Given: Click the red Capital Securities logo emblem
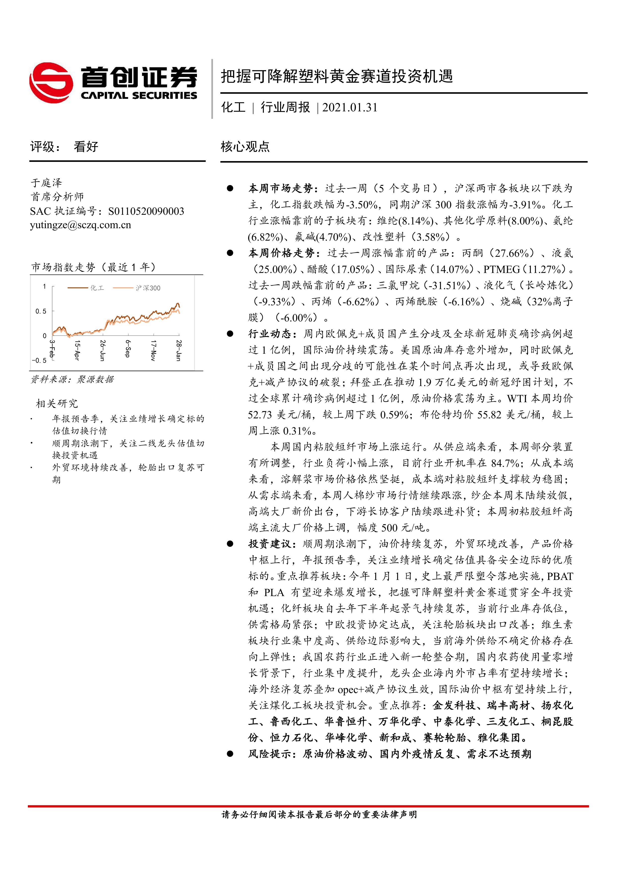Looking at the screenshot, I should tap(51, 83).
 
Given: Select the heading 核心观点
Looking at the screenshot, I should tap(245, 147).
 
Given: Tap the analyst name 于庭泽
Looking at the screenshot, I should tap(46, 183).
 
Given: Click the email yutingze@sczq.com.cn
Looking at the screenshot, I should tap(81, 225).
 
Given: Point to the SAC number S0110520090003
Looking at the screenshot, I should tap(146, 211).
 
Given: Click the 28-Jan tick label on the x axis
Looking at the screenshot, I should tap(179, 350).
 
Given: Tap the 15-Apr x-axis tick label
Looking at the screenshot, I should tap(77, 350).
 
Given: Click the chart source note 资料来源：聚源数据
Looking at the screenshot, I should tap(72, 379).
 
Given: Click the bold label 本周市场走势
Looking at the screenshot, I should tap(280, 188).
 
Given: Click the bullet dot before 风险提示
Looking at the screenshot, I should tap(230, 754).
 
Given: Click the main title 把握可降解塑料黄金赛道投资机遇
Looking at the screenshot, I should tap(337, 76).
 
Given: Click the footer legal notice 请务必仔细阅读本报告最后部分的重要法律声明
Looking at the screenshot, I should tap(319, 814).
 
